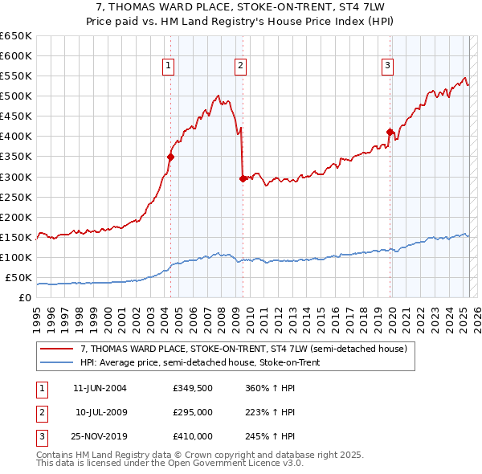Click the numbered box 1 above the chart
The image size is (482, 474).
point(169,66)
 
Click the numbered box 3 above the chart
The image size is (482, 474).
point(387,66)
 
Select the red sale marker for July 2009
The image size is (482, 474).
point(242,178)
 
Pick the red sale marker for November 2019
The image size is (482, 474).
point(390,132)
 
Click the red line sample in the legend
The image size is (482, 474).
point(57,349)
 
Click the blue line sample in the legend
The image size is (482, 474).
point(57,362)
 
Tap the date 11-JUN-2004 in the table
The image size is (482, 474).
point(100,389)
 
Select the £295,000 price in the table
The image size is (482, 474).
point(192,412)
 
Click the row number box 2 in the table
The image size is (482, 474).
point(41,412)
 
